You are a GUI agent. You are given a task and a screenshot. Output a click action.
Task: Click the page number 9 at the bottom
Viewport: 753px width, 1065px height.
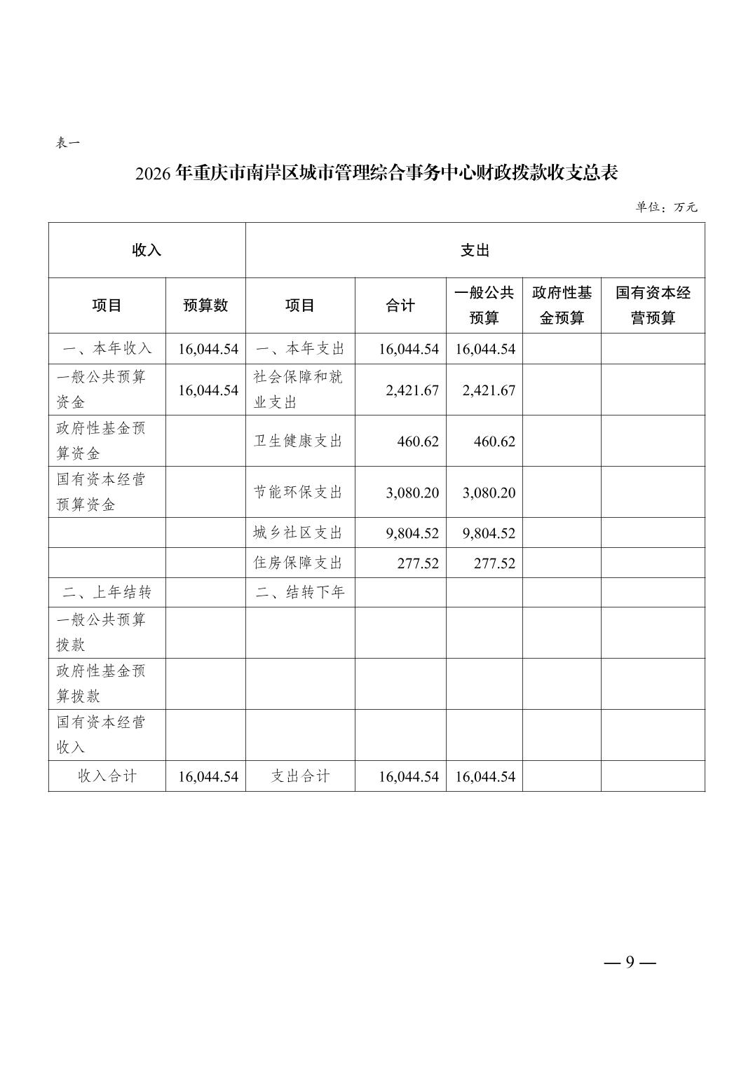[x=630, y=962]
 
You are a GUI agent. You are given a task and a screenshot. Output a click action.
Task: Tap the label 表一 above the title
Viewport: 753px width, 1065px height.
[x=68, y=143]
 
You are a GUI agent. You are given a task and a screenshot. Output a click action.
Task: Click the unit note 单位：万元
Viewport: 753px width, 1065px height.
[x=666, y=207]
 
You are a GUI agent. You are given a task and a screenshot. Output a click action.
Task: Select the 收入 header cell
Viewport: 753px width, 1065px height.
[x=147, y=250]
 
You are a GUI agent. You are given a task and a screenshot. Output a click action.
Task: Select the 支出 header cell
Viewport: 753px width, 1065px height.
[x=475, y=250]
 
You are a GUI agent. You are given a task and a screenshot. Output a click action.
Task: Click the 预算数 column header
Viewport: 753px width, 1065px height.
[x=205, y=305]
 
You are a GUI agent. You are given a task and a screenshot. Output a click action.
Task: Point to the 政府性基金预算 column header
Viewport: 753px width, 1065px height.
[x=562, y=305]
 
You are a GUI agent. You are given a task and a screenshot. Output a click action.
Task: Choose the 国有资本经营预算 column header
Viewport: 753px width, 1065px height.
[x=653, y=305]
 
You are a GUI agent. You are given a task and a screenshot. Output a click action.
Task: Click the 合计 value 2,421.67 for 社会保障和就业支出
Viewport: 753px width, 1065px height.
[x=412, y=390]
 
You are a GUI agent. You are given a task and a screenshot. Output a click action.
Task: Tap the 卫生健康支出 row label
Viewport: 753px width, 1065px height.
[x=298, y=441]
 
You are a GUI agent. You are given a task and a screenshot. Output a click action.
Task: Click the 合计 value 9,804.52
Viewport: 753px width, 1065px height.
[x=412, y=533]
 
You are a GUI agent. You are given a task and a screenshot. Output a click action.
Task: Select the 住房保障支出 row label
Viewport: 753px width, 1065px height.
[x=298, y=563]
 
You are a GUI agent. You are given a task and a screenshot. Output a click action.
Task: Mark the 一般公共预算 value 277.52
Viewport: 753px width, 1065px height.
[x=494, y=563]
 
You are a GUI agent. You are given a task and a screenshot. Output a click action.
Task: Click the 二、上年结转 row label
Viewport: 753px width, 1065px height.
[x=107, y=593]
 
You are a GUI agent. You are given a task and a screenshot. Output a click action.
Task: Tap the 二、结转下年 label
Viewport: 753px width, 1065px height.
[x=300, y=593]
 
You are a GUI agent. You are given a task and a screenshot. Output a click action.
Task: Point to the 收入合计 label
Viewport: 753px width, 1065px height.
[x=107, y=776]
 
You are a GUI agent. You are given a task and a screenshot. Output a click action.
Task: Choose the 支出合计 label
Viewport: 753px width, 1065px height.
[x=300, y=776]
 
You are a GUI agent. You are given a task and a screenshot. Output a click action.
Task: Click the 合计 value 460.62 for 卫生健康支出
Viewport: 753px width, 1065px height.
[x=418, y=441]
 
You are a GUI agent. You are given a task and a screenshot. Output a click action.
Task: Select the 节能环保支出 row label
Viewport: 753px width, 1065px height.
[x=298, y=493]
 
